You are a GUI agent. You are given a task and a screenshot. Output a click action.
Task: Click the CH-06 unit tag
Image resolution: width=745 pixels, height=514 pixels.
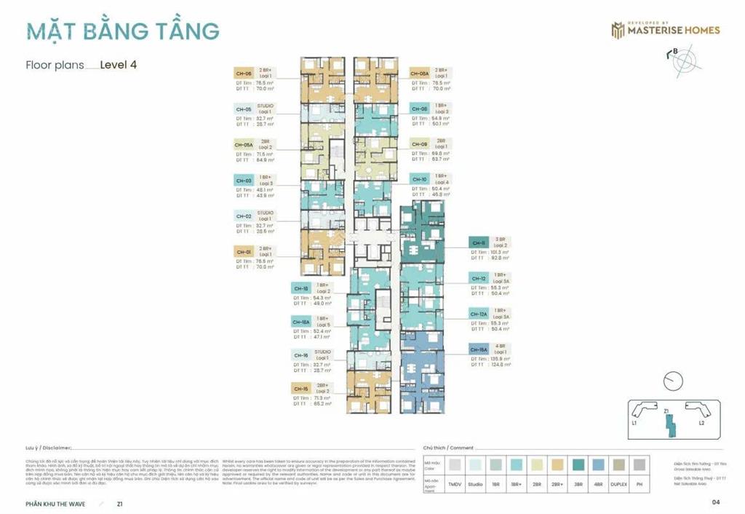click(x=243, y=74)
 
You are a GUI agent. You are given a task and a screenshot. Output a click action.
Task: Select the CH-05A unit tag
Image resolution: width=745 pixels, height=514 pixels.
click(x=243, y=145)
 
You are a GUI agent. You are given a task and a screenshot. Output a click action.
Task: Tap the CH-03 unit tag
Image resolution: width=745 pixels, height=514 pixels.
click(x=243, y=180)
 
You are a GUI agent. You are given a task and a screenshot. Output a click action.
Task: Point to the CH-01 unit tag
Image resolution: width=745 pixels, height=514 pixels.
click(x=243, y=252)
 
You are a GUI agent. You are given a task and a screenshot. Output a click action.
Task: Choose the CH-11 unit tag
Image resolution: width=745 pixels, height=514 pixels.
click(x=478, y=243)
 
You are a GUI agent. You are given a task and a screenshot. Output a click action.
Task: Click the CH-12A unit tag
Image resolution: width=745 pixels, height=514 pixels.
click(x=478, y=314)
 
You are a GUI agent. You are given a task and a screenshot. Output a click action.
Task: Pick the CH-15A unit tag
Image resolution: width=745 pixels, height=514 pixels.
click(x=478, y=349)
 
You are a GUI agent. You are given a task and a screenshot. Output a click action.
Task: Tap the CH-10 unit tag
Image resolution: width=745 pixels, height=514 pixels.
click(x=419, y=179)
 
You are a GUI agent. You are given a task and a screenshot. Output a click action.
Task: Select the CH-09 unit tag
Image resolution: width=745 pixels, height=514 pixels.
click(x=419, y=144)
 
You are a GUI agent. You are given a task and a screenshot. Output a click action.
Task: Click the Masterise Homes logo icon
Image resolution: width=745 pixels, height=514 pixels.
click(x=618, y=30)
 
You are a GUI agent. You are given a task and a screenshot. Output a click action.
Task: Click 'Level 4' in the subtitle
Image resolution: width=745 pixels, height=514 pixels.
click(x=119, y=64)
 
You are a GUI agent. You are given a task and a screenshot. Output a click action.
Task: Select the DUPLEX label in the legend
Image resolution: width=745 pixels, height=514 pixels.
click(x=619, y=483)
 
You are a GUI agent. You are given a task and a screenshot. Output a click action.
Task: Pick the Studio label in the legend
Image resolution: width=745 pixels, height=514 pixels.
click(x=475, y=483)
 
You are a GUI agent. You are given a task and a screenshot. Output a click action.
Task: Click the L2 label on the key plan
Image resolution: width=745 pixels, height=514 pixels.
click(x=701, y=423)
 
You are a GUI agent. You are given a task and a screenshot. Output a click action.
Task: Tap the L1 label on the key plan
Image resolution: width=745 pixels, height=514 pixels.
click(x=635, y=423)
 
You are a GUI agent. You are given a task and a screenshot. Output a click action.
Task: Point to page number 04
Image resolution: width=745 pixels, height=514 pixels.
click(x=716, y=502)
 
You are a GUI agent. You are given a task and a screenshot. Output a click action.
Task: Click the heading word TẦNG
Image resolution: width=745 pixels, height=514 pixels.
click(x=183, y=31)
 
